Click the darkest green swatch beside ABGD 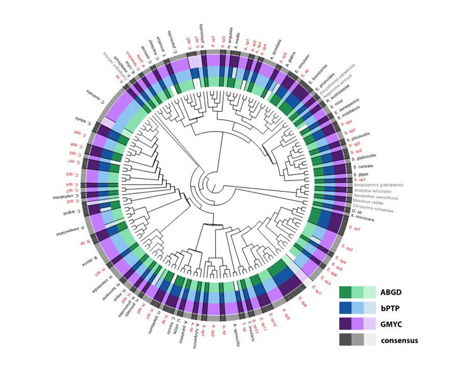(345, 293)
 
